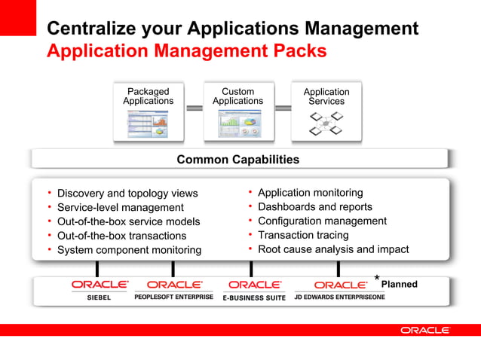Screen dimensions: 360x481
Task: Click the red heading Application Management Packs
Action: tap(186, 51)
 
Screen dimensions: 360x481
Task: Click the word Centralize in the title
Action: tap(90, 29)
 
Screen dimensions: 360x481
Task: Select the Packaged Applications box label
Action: tap(148, 96)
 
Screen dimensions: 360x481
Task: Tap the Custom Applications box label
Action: tap(237, 96)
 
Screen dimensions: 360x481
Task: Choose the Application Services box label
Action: tap(326, 96)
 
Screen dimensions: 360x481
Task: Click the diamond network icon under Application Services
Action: tap(326, 124)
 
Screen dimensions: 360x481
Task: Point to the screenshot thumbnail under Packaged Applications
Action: tap(148, 124)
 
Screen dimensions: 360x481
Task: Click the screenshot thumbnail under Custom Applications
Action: tap(237, 124)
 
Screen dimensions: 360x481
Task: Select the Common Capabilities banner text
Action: tap(237, 160)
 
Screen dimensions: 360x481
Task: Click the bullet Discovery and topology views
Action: tap(127, 194)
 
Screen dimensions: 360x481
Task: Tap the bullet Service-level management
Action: tap(120, 207)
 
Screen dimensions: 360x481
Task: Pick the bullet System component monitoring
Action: tap(129, 250)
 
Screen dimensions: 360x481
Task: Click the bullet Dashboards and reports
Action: tap(314, 206)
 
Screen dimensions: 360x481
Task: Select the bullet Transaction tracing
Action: tap(303, 235)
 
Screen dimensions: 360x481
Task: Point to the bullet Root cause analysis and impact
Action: tap(332, 249)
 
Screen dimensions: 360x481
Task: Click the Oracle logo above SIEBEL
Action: tap(100, 285)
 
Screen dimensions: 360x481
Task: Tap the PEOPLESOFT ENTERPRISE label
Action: tap(173, 297)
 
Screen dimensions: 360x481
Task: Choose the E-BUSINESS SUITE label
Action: tap(254, 298)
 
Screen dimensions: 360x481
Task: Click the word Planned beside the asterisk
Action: tap(399, 285)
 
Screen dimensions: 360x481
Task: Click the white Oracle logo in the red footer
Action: tap(424, 330)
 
